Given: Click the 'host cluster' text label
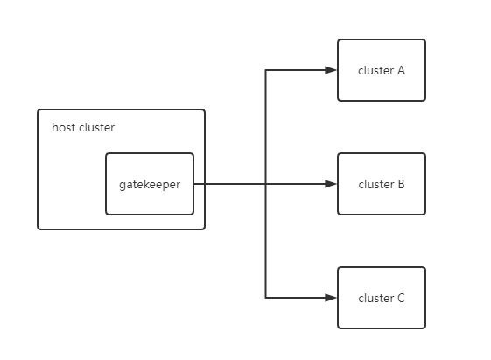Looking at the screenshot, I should (83, 128).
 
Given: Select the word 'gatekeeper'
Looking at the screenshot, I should (149, 184).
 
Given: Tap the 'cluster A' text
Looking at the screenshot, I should (382, 70).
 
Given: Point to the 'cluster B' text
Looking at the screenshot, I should (382, 184).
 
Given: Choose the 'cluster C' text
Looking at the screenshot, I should (382, 298).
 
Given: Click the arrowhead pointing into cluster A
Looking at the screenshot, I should (331, 70).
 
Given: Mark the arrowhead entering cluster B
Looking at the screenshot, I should (331, 184).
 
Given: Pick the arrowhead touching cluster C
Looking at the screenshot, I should (331, 298).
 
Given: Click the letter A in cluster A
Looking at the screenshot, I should (401, 70).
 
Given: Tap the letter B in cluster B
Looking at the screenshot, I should (401, 184).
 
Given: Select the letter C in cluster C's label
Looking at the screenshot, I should (401, 298).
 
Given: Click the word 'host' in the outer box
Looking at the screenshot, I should (63, 128).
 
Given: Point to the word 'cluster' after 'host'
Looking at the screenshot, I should (96, 128).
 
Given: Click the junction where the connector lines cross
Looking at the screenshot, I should (266, 184).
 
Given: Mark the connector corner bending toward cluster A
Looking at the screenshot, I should (266, 70).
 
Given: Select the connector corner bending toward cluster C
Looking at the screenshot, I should (266, 298).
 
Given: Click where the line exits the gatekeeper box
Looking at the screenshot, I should (193, 184).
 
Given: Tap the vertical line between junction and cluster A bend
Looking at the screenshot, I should (266, 127).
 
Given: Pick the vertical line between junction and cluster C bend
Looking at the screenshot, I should (266, 241).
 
